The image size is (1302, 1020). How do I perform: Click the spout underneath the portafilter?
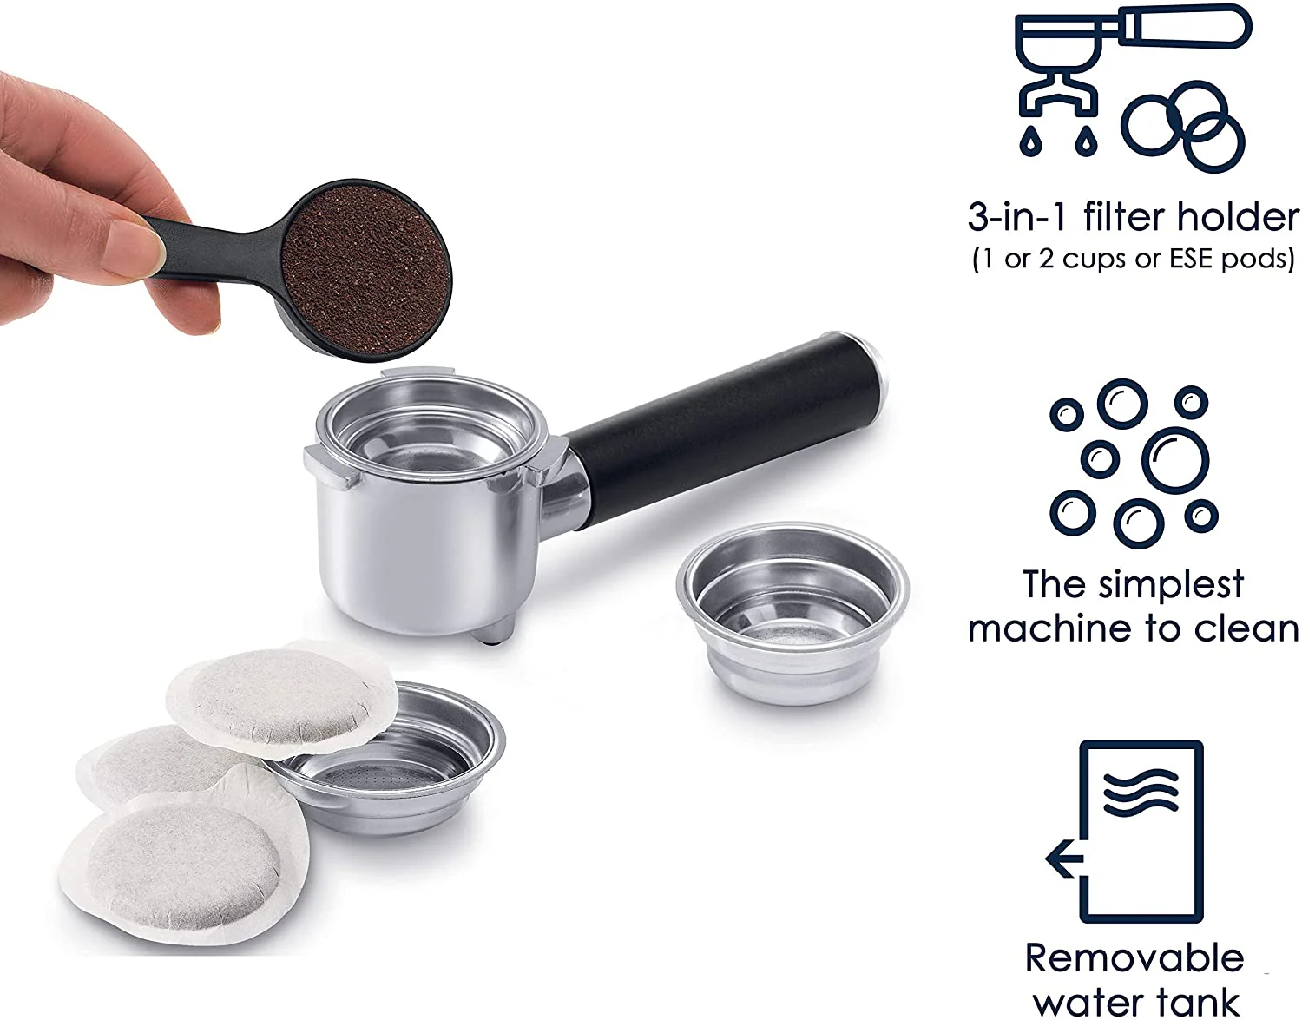click(x=492, y=631)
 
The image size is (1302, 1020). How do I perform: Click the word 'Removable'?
click(x=1134, y=958)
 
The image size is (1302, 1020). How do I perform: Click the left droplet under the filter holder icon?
click(x=1031, y=141)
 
